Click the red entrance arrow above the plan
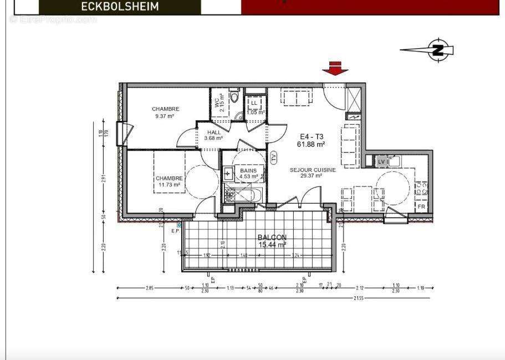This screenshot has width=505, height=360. click(335, 68)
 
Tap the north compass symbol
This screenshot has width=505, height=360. click(438, 50)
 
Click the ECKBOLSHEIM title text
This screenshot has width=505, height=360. click(120, 7)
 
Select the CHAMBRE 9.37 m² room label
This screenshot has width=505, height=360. click(165, 113)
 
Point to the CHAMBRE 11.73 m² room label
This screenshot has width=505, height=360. click(169, 181)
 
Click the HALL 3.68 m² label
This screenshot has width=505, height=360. click(213, 135)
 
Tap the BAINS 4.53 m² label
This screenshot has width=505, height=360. click(248, 174)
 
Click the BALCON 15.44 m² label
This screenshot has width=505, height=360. click(272, 240)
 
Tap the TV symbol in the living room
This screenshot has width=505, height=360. click(274, 157)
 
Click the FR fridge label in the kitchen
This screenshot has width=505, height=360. click(421, 207)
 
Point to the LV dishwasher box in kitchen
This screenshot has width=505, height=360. click(381, 161)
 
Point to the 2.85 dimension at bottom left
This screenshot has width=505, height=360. click(150, 288)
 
